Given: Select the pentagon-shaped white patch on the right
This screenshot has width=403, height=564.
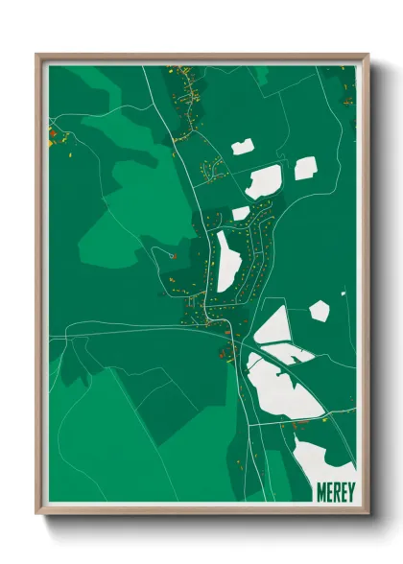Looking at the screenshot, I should pos(320,311).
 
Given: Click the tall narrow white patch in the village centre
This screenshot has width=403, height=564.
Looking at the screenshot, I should pos(228,262).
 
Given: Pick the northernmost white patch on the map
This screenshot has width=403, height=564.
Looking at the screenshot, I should pos(242,148).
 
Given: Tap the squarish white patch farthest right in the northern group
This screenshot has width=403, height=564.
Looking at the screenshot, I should pos(305,169).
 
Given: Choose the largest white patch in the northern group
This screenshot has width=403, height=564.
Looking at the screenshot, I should pos(264,181).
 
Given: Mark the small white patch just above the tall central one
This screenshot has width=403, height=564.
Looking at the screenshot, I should pos(241,213).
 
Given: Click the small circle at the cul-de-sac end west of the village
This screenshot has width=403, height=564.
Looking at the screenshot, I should pos(171,255).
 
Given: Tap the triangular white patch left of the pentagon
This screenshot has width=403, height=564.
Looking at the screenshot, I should pos(273,327).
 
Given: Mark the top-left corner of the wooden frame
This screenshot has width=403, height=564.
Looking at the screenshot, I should pos(37,56).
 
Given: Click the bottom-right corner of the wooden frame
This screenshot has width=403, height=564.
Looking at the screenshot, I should pos(367,514).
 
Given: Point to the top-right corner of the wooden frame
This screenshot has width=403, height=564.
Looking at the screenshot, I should pos(367,56).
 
